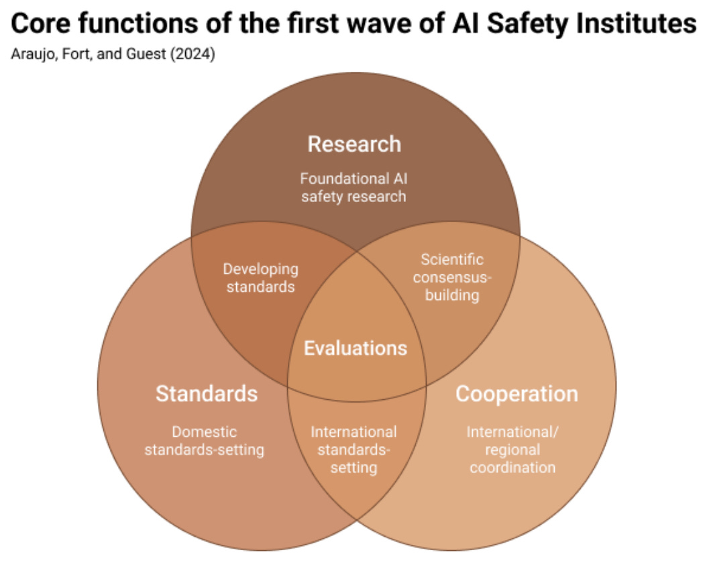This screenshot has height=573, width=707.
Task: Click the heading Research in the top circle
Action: click(x=354, y=144)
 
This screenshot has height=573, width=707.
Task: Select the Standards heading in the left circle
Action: click(x=207, y=393)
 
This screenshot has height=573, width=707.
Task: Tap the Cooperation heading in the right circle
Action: click(x=516, y=393)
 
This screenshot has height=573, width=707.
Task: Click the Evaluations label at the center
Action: click(x=356, y=348)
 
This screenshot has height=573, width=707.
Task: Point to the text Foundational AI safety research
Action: click(x=353, y=188)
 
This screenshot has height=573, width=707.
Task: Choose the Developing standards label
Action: click(x=260, y=278)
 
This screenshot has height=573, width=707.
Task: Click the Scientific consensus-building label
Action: click(x=452, y=276)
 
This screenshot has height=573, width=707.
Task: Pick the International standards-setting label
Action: click(x=353, y=450)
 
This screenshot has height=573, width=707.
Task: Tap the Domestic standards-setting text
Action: click(x=204, y=441)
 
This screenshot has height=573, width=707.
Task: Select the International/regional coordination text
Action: click(x=512, y=450)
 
